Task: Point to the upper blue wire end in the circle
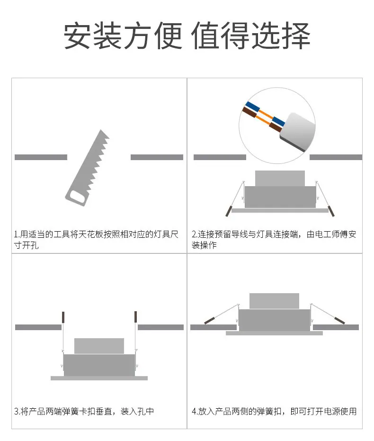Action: (x=252, y=107)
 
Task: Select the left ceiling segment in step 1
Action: (x=41, y=157)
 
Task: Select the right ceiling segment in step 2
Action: (x=336, y=157)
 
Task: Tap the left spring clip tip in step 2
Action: (x=229, y=211)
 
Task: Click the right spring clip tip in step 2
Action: (x=331, y=211)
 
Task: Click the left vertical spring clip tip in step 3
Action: (x=63, y=317)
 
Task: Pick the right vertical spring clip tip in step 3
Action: (x=136, y=317)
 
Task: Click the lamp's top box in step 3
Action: (x=99, y=346)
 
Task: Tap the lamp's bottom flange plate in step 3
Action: (x=99, y=378)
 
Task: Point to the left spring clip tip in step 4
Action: (x=209, y=320)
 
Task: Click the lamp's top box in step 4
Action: (x=274, y=301)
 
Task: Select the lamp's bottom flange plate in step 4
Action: (x=274, y=333)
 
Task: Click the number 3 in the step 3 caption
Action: (x=16, y=412)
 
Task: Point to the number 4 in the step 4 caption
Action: (x=194, y=412)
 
